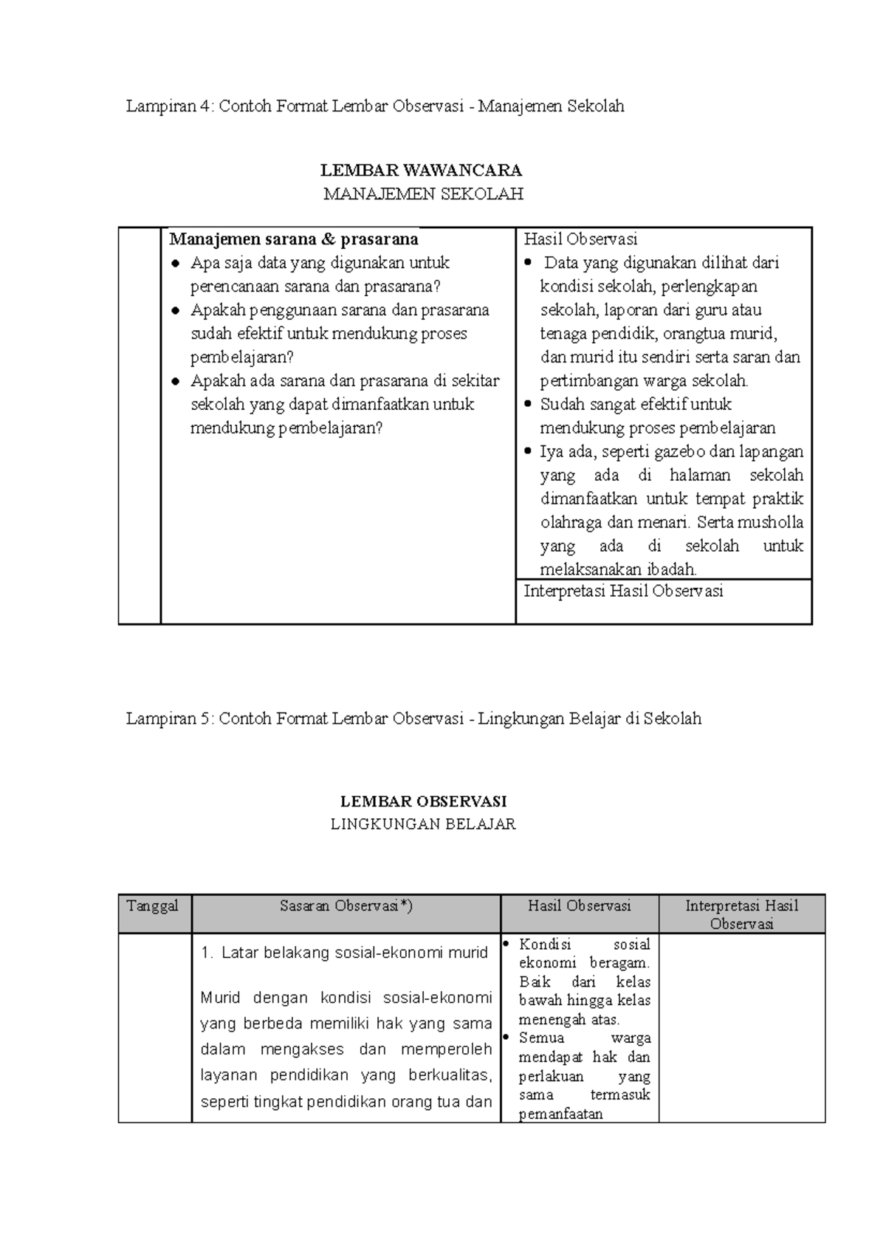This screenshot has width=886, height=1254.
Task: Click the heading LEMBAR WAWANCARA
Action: (x=421, y=171)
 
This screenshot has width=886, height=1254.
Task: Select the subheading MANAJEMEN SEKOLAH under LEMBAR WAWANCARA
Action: (x=424, y=194)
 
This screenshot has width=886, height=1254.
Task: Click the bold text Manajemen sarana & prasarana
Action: (x=294, y=239)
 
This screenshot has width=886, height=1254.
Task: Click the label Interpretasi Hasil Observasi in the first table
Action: (x=623, y=591)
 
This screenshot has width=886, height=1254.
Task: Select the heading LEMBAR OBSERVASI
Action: (x=423, y=801)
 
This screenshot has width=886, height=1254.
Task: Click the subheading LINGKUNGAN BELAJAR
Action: (x=423, y=824)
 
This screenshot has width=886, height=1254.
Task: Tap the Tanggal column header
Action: (x=153, y=906)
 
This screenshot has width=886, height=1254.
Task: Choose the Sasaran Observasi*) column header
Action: (x=346, y=906)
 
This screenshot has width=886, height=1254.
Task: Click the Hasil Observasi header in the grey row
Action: (x=579, y=906)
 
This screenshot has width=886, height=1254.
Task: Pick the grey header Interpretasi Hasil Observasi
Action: (x=741, y=914)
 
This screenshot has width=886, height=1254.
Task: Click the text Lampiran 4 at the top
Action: (x=168, y=106)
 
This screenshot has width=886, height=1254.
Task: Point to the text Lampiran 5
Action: (x=168, y=718)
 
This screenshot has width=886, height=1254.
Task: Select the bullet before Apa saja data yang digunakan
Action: (x=175, y=264)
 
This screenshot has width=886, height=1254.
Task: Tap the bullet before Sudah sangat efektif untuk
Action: (x=527, y=405)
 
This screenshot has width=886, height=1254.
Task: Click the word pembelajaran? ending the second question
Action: (x=242, y=357)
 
